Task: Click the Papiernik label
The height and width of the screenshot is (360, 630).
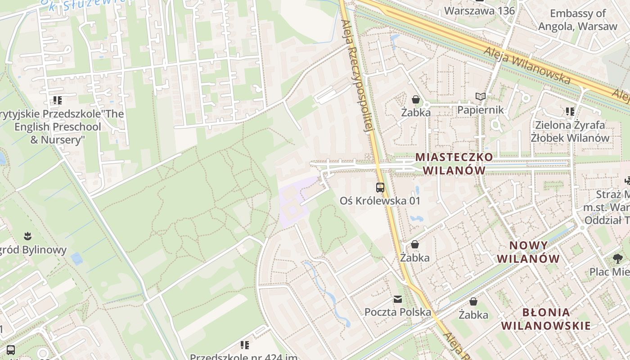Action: [x=480, y=110]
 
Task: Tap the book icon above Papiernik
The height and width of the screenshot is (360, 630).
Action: [x=481, y=96]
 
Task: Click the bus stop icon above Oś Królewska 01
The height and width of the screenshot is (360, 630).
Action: [x=380, y=187]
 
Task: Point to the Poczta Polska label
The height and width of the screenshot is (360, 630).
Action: [x=397, y=312]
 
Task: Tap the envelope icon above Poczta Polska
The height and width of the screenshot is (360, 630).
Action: [x=397, y=299]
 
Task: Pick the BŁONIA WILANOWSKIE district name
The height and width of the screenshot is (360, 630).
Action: [x=546, y=319]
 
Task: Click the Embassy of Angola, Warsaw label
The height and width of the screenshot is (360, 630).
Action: [x=578, y=20]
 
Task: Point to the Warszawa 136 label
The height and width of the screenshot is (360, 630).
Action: [x=479, y=10]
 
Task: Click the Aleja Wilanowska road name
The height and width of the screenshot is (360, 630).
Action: [x=527, y=66]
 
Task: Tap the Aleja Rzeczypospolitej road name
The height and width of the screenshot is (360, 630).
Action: [x=358, y=76]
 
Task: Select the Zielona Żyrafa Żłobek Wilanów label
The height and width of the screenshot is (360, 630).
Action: [x=570, y=131]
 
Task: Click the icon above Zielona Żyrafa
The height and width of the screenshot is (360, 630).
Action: [x=570, y=111]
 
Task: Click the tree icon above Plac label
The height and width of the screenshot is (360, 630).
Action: [x=617, y=258]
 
